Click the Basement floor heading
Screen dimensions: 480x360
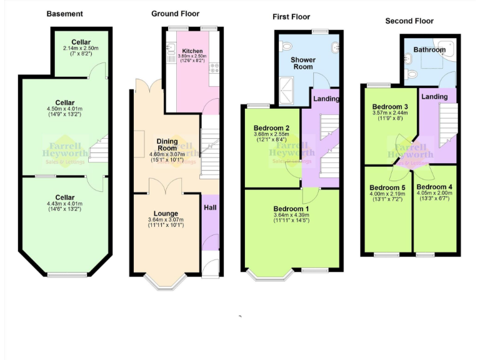(x=64, y=13)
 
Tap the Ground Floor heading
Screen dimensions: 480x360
(x=176, y=13)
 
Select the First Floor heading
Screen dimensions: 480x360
(x=291, y=16)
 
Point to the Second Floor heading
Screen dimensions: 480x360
(x=409, y=21)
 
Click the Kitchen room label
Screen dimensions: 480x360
(x=192, y=51)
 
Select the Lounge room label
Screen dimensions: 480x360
(x=166, y=214)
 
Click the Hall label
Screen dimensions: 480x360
(x=210, y=206)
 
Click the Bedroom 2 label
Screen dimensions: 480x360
(x=271, y=128)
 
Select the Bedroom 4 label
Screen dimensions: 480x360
(x=434, y=187)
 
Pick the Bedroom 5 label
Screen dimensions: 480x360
(x=387, y=187)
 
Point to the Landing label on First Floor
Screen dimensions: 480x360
(x=326, y=99)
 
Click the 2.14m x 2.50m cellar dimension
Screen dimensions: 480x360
(x=81, y=49)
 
